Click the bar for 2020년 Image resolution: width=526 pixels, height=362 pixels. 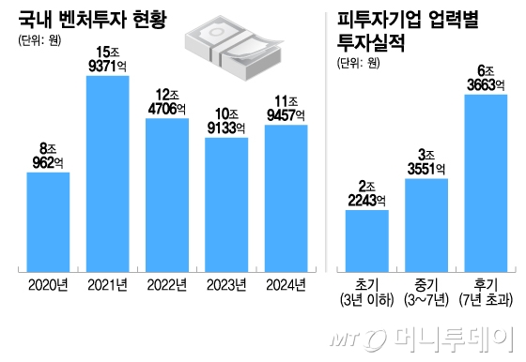48,220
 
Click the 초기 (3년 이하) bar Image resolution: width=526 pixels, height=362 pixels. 366,238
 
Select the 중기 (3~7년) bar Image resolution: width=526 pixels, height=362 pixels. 426,222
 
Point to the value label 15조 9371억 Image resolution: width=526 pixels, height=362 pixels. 107,55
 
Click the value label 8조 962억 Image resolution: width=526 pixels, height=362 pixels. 47,153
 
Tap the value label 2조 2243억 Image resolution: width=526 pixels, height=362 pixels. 366,190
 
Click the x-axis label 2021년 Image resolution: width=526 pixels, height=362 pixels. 107,285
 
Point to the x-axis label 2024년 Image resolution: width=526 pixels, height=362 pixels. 286,285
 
